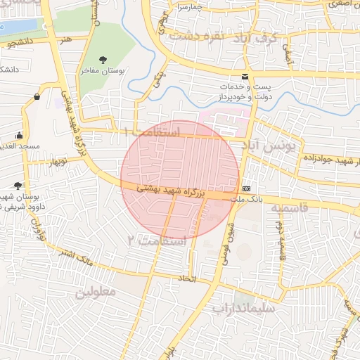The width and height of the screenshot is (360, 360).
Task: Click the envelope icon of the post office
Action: point(245,76)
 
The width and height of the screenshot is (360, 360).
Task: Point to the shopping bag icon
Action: point(37,96)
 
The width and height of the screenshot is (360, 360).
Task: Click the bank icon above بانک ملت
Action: point(247,189)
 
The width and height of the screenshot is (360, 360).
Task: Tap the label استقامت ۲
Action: point(155,240)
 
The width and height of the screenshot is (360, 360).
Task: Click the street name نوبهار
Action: point(58,162)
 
